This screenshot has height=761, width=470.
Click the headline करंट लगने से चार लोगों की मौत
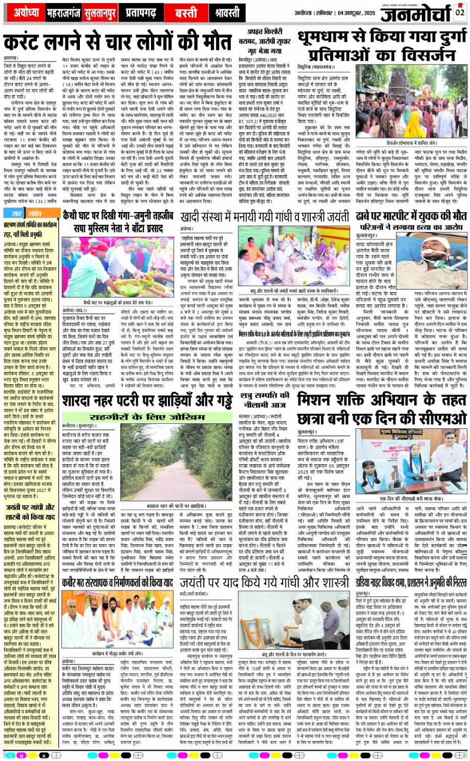(x=117, y=43)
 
